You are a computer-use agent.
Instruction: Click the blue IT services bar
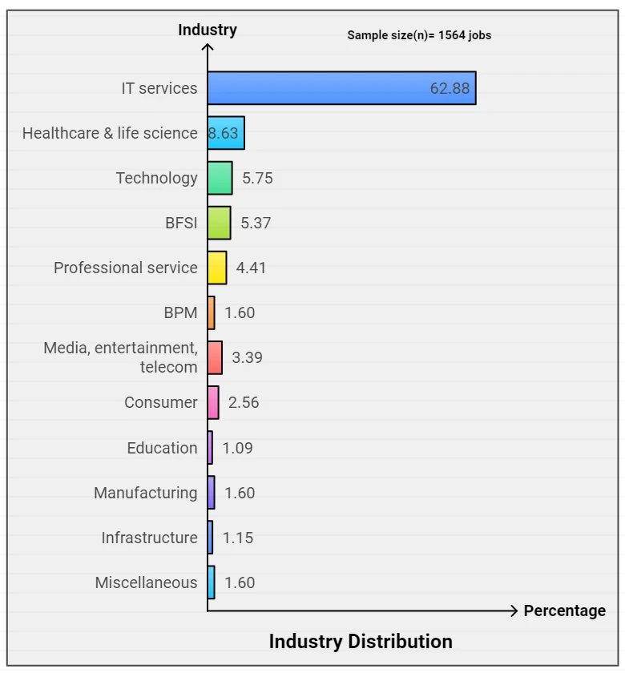pyautogui.click(x=341, y=88)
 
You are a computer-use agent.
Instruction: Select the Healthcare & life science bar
pyautogui.click(x=226, y=133)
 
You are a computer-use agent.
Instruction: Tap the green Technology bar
pyautogui.click(x=220, y=178)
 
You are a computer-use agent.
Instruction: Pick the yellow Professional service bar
pyautogui.click(x=217, y=268)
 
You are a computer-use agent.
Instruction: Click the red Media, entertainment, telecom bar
pyautogui.click(x=215, y=357)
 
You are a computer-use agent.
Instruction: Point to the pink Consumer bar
pyautogui.click(x=213, y=402)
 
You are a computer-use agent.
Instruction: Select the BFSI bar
pyautogui.click(x=220, y=223)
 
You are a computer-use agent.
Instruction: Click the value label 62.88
pyautogui.click(x=450, y=88)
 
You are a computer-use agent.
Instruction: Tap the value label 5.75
pyautogui.click(x=257, y=178)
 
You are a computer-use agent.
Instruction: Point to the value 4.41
pyautogui.click(x=251, y=268)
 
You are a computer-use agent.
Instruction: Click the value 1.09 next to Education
pyautogui.click(x=237, y=448)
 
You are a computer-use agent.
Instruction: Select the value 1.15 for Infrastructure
pyautogui.click(x=238, y=538)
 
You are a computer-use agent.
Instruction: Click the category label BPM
pyautogui.click(x=181, y=312)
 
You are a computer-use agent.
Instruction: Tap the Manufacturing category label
pyautogui.click(x=146, y=493)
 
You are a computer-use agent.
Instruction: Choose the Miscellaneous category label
pyautogui.click(x=147, y=582)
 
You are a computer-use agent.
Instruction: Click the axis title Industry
pyautogui.click(x=208, y=30)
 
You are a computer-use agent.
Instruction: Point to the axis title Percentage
pyautogui.click(x=565, y=611)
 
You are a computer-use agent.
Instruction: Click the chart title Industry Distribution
pyautogui.click(x=361, y=642)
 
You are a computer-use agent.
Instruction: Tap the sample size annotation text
pyautogui.click(x=419, y=35)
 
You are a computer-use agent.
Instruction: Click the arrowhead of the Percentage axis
pyautogui.click(x=514, y=611)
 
